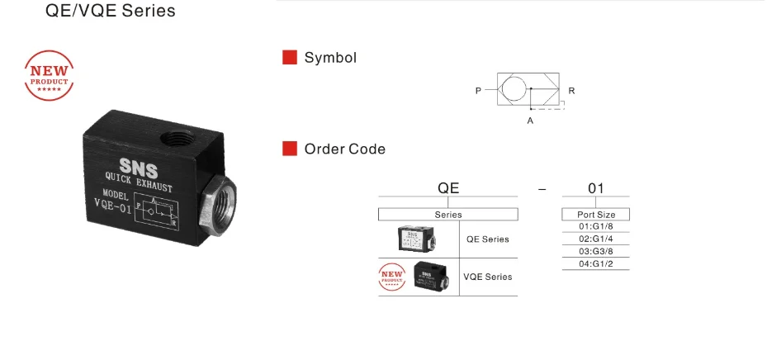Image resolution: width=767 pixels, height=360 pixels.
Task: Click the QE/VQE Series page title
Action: (110, 12)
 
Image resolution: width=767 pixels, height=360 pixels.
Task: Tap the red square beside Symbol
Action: (290, 58)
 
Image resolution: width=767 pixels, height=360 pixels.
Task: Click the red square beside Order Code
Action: (290, 149)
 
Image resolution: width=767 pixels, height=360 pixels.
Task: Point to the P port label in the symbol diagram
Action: (478, 90)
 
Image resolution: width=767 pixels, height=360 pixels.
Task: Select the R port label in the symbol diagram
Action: (572, 90)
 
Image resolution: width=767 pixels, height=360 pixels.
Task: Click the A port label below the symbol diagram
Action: (530, 121)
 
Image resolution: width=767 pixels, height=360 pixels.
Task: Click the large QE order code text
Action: (447, 188)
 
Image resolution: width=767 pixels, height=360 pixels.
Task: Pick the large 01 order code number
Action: (595, 188)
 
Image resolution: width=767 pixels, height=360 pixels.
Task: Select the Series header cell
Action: (447, 215)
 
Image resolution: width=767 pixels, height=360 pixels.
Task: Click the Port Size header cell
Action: (595, 215)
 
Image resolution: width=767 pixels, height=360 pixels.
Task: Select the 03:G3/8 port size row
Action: (595, 252)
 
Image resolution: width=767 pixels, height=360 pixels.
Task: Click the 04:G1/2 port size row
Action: (595, 264)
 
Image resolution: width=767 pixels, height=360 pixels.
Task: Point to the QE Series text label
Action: (487, 239)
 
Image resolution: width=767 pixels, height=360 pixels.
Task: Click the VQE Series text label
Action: (487, 277)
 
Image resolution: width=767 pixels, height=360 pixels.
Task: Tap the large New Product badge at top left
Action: (49, 76)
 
